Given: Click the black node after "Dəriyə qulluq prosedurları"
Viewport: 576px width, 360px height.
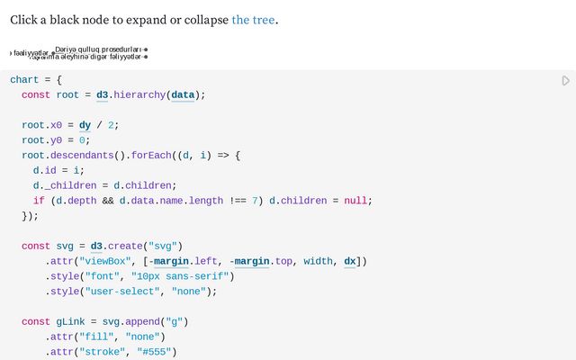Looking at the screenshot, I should point(146,49).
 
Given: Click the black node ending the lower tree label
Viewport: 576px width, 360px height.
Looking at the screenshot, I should point(146,57).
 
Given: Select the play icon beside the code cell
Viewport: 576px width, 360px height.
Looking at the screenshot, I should point(565,81).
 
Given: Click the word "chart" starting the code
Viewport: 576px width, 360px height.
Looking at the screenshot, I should point(24,80).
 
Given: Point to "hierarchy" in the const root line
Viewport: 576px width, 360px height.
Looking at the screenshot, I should point(138,94).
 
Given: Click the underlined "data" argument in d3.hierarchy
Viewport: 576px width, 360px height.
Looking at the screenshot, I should point(183,94).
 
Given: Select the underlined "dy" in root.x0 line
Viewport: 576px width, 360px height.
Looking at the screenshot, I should point(85,125).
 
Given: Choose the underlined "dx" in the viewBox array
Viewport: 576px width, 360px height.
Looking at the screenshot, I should point(350,261).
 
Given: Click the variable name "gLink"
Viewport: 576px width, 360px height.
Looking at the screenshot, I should point(70,321).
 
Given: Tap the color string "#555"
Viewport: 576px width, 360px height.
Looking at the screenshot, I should point(157,351).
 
